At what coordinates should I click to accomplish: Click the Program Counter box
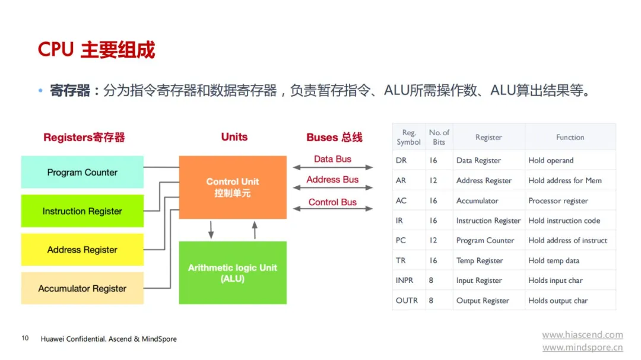point(82,172)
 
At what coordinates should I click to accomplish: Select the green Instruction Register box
point(82,211)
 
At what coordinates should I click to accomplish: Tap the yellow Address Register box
point(82,250)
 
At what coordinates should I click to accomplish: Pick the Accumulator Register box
point(82,288)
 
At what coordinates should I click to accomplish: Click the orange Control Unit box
point(233,187)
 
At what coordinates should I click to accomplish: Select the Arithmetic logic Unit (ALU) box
point(233,273)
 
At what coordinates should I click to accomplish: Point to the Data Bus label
point(332,159)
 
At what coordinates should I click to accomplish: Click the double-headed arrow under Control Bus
point(333,209)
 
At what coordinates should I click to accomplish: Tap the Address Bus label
point(332,179)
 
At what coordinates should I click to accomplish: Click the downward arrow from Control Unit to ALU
point(211,230)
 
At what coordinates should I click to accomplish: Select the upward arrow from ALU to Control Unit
point(255,230)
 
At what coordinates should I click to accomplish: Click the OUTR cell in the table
point(407,300)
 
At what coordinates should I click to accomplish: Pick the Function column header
point(570,138)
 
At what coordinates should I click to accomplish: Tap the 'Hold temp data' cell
point(554,260)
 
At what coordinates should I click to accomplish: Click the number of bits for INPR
point(431,281)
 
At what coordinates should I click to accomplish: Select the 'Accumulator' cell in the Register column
point(477,200)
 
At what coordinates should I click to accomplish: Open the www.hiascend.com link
point(583,334)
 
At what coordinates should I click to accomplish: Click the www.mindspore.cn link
point(583,348)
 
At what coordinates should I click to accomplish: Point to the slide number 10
point(25,338)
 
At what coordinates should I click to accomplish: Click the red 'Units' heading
point(234,136)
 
